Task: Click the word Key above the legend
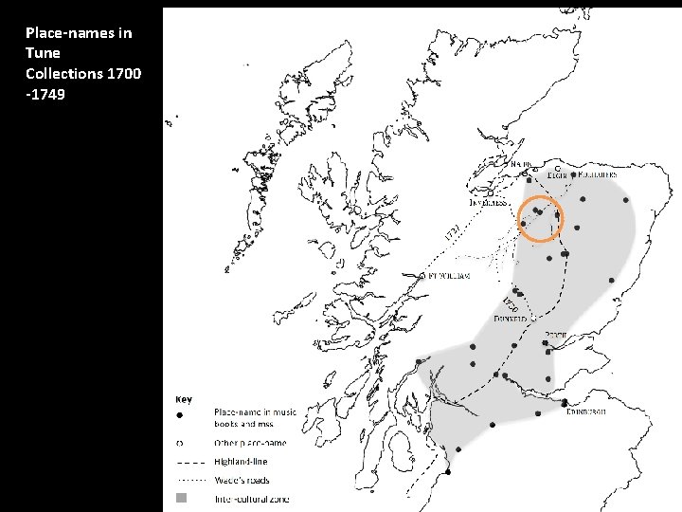pyautogui.click(x=184, y=399)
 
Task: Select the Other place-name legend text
pyautogui.click(x=250, y=443)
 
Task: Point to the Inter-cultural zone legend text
pyautogui.click(x=252, y=498)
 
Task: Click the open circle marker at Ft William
pyautogui.click(x=422, y=276)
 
